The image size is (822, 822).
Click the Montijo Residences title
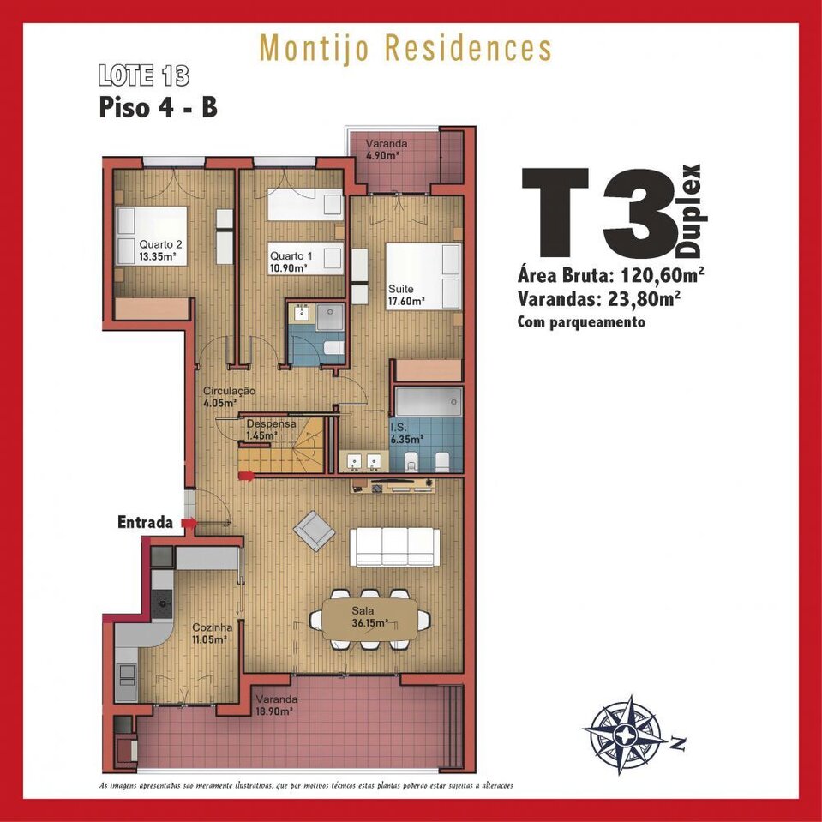(x=405, y=49)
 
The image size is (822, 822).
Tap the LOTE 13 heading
(x=144, y=75)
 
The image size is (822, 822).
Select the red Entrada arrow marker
(x=189, y=523)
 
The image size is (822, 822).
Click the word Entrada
(x=145, y=522)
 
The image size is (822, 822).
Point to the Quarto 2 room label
(x=160, y=250)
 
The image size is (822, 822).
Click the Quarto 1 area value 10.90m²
(x=288, y=268)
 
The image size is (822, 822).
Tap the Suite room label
(x=405, y=295)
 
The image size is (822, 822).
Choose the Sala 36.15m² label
(x=369, y=616)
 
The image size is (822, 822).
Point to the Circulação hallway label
(x=229, y=396)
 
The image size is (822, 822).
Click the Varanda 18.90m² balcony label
(x=276, y=705)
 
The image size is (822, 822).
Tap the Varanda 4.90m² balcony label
(x=387, y=149)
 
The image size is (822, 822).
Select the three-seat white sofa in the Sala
(x=395, y=547)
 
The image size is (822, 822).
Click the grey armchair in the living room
(x=314, y=531)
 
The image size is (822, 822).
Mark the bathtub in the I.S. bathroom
(x=429, y=402)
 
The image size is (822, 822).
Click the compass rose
(x=626, y=734)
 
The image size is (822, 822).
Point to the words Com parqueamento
(x=581, y=321)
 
